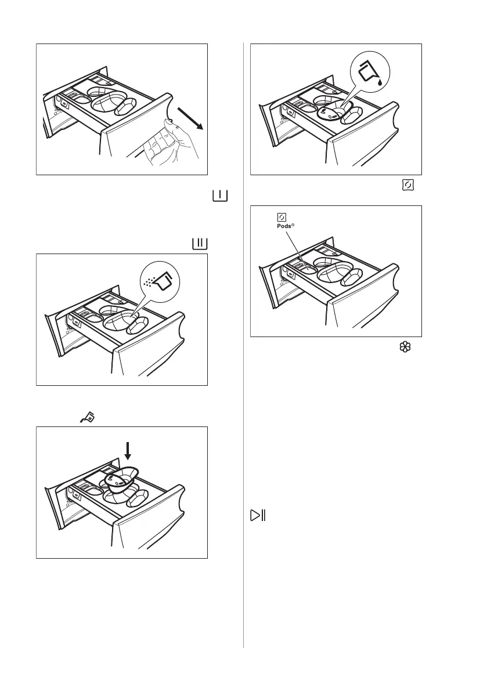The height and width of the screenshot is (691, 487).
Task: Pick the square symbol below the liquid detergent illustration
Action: point(406,185)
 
